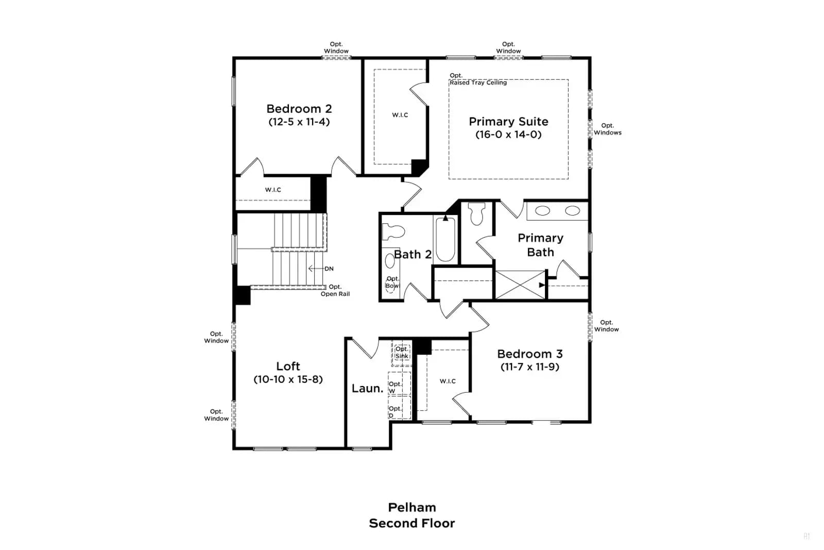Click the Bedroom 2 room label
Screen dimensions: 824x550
(299, 109)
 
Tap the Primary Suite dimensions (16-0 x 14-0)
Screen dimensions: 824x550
(508, 135)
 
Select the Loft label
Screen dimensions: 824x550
(288, 366)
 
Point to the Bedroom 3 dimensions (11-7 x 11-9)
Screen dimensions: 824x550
(530, 367)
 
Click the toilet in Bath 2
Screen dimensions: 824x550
(393, 232)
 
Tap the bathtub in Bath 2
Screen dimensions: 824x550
(445, 239)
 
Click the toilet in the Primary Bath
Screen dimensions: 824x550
(477, 213)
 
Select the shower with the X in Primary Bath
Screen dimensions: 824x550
(520, 285)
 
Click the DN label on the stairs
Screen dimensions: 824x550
(329, 269)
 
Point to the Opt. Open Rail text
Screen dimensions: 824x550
(335, 290)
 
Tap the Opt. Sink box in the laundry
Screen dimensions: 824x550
(402, 353)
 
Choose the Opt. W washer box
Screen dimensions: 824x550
(400, 384)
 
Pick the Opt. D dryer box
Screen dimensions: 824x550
(400, 408)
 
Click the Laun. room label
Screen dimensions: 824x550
(368, 388)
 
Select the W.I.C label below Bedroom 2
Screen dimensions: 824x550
(273, 190)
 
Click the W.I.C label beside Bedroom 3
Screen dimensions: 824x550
(448, 381)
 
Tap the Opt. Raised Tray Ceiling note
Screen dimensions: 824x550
(478, 79)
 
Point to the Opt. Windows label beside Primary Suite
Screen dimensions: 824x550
(608, 129)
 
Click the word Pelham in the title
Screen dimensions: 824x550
(412, 508)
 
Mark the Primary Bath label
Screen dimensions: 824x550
(540, 245)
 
